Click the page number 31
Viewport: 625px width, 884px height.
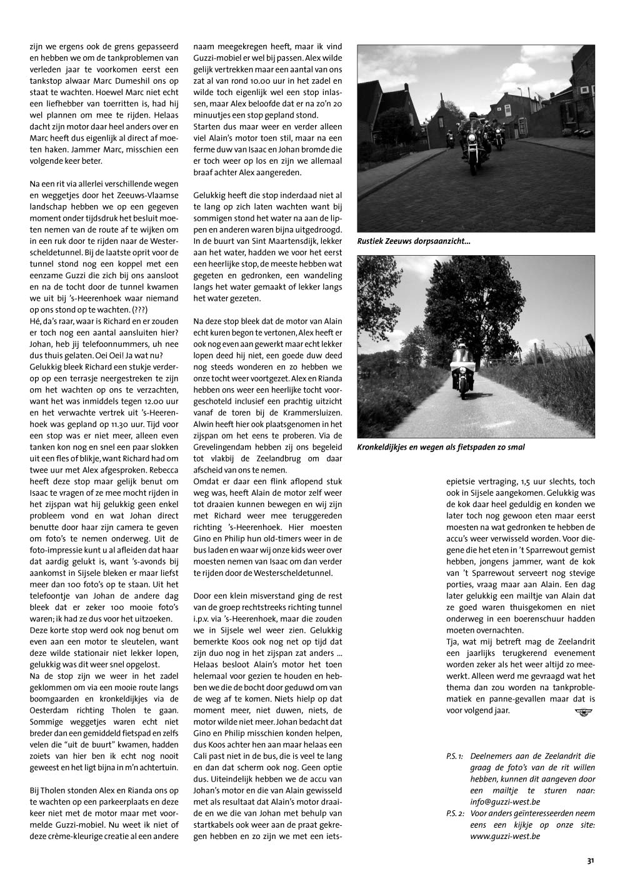coord(590,861)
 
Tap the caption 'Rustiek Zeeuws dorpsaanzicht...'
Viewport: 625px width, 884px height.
coord(414,240)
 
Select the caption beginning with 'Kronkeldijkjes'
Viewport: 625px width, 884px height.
coord(441,447)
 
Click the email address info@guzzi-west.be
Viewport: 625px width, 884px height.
coord(505,801)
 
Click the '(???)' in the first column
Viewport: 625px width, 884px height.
coord(135,309)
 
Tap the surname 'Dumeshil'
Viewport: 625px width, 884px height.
coord(146,81)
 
